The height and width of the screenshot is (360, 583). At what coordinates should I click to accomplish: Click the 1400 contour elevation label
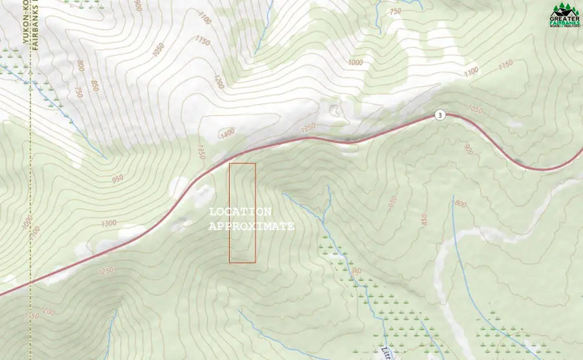[227, 133]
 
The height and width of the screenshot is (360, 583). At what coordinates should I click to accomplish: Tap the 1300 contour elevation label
[109, 223]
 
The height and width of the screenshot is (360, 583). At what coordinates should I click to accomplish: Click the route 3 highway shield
[440, 115]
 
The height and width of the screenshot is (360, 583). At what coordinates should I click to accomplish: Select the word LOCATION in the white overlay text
[240, 212]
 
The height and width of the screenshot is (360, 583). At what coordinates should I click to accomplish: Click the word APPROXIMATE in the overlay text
[251, 227]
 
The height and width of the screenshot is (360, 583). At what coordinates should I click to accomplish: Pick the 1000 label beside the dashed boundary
[25, 222]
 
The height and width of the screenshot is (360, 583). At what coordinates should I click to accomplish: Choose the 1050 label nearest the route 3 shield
[475, 109]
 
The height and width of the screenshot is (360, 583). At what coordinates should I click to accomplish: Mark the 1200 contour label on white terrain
[218, 82]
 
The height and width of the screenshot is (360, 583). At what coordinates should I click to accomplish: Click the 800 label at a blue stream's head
[461, 204]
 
